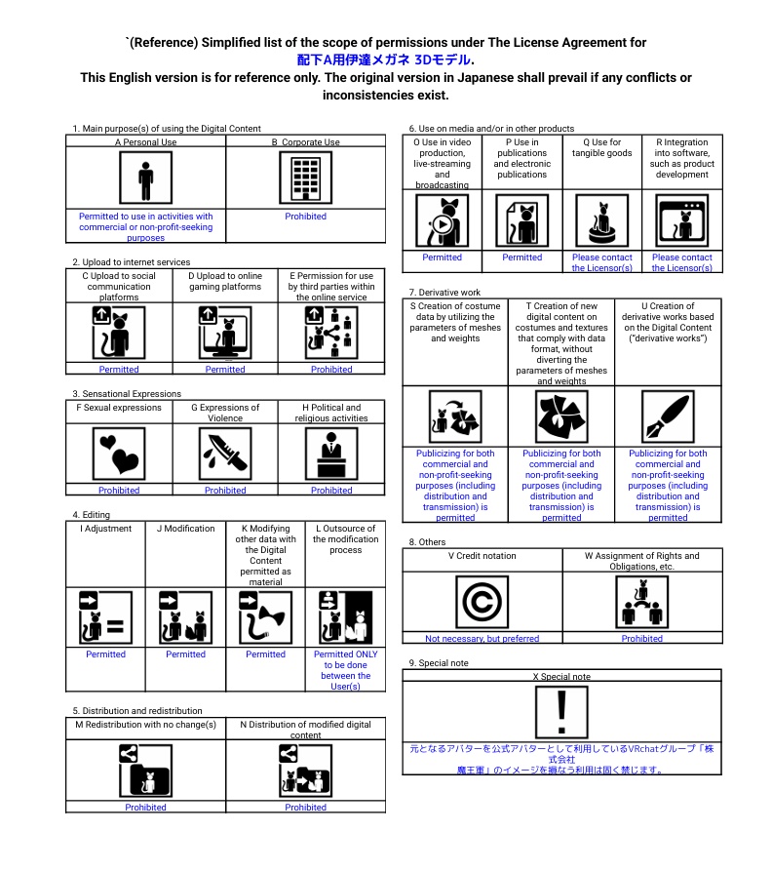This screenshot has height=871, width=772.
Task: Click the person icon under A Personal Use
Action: pyautogui.click(x=145, y=179)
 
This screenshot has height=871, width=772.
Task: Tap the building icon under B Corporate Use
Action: pyautogui.click(x=305, y=179)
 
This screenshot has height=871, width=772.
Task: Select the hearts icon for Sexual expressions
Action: pyautogui.click(x=119, y=450)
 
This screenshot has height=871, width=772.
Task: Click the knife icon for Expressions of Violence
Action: pyautogui.click(x=225, y=450)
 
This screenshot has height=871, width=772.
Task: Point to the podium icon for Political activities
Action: pyautogui.click(x=331, y=450)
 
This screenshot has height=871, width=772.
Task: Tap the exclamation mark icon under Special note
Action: pyautogui.click(x=561, y=712)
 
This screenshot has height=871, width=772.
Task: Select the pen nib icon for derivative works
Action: pyautogui.click(x=668, y=416)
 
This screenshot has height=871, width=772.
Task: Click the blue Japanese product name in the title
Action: pyautogui.click(x=391, y=60)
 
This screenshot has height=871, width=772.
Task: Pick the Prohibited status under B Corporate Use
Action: pyautogui.click(x=305, y=217)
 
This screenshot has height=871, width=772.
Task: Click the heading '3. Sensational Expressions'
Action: pyautogui.click(x=126, y=394)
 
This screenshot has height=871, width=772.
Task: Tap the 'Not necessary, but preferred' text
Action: pyautogui.click(x=482, y=639)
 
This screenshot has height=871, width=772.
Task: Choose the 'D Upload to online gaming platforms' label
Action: pyautogui.click(x=225, y=282)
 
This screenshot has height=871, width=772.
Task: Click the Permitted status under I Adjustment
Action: pyautogui.click(x=105, y=654)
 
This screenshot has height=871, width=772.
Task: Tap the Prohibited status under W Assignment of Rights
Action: pyautogui.click(x=641, y=639)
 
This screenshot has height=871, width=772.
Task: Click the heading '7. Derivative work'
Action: pyautogui.click(x=444, y=293)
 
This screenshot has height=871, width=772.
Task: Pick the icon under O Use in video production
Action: pyautogui.click(x=442, y=220)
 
